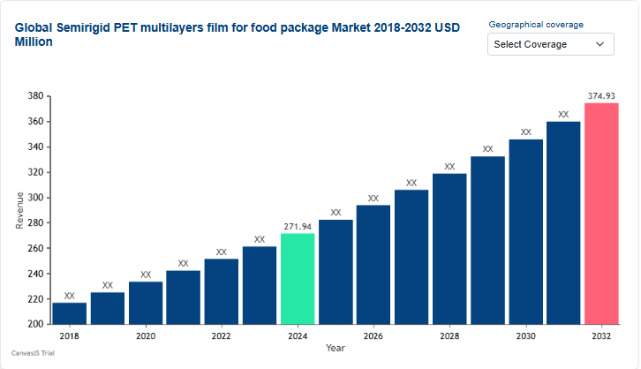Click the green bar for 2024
pyautogui.click(x=298, y=278)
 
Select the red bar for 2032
pyautogui.click(x=601, y=214)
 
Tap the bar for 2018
pyautogui.click(x=70, y=313)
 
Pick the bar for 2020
pyautogui.click(x=146, y=303)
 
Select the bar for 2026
pyautogui.click(x=373, y=264)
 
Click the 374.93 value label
pyautogui.click(x=601, y=96)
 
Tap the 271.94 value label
pyautogui.click(x=298, y=227)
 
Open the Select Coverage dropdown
pyautogui.click(x=551, y=44)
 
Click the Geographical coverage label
pyautogui.click(x=536, y=25)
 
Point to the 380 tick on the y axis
pyautogui.click(x=35, y=96)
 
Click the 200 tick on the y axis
pyautogui.click(x=35, y=324)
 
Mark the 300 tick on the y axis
pyautogui.click(x=35, y=198)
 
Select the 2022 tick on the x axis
pyautogui.click(x=222, y=336)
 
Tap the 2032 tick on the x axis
pyautogui.click(x=601, y=336)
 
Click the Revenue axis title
pyautogui.click(x=19, y=210)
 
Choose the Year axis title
pyautogui.click(x=336, y=349)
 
